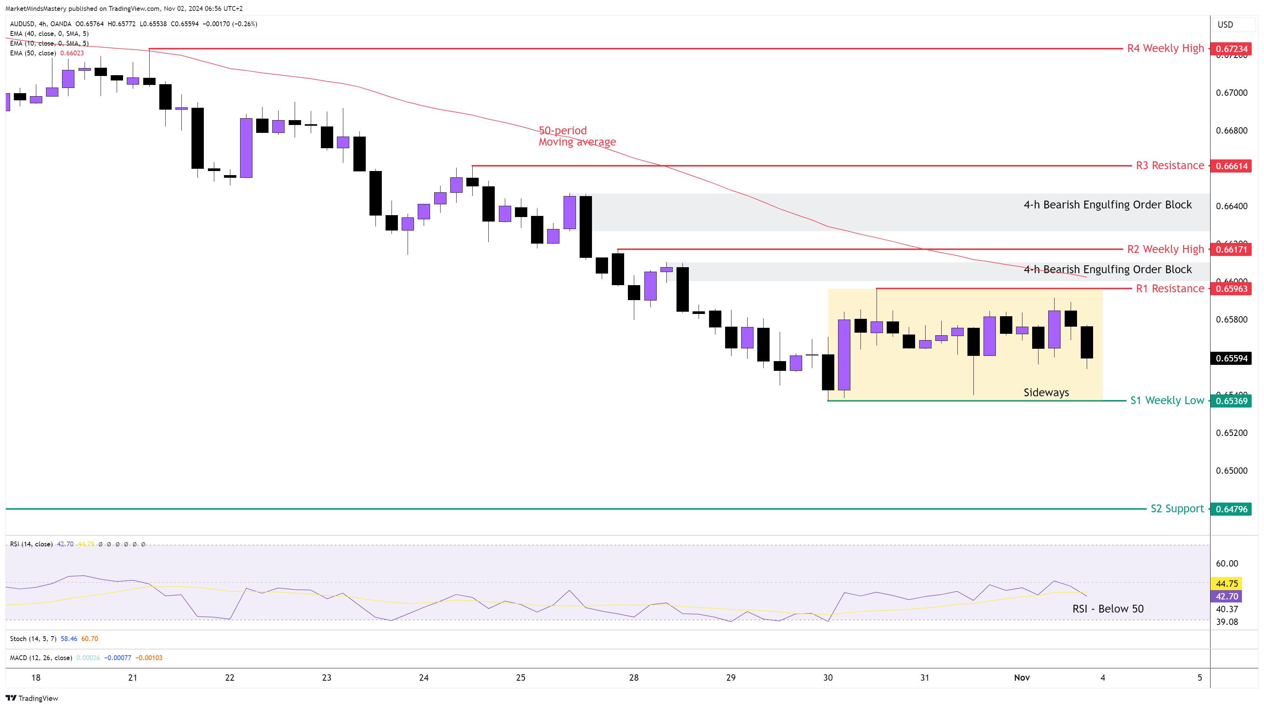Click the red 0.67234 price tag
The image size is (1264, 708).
(x=1231, y=49)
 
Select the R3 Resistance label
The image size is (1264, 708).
(x=1170, y=165)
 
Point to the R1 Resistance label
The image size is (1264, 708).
(x=1170, y=289)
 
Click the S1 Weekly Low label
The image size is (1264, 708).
(x=1167, y=401)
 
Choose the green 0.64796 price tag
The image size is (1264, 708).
(x=1231, y=509)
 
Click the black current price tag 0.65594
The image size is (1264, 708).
(x=1231, y=358)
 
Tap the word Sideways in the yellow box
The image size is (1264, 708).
(x=1046, y=392)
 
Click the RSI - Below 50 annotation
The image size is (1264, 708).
(x=1107, y=609)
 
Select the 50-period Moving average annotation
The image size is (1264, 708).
(x=577, y=136)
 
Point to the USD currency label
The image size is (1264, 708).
(x=1225, y=25)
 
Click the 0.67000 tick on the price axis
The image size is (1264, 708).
(x=1231, y=93)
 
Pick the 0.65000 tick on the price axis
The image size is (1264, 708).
(x=1231, y=470)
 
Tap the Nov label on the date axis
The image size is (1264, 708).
(x=1022, y=678)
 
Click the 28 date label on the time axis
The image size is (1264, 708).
(x=633, y=678)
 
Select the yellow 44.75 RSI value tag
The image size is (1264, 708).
(x=1227, y=583)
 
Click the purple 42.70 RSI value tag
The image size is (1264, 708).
(x=1227, y=596)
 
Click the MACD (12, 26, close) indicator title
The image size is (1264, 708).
(x=41, y=658)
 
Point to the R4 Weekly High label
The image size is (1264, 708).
(x=1165, y=48)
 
